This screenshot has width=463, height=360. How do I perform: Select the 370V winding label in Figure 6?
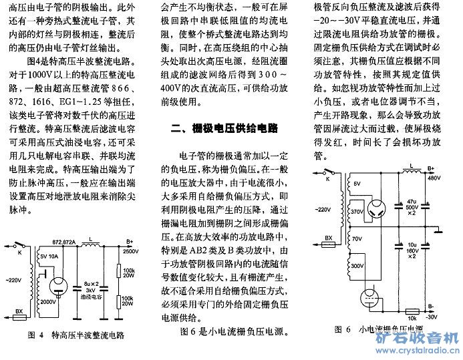(x=357, y=210)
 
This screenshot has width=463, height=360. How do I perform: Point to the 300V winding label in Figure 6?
(x=357, y=265)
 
